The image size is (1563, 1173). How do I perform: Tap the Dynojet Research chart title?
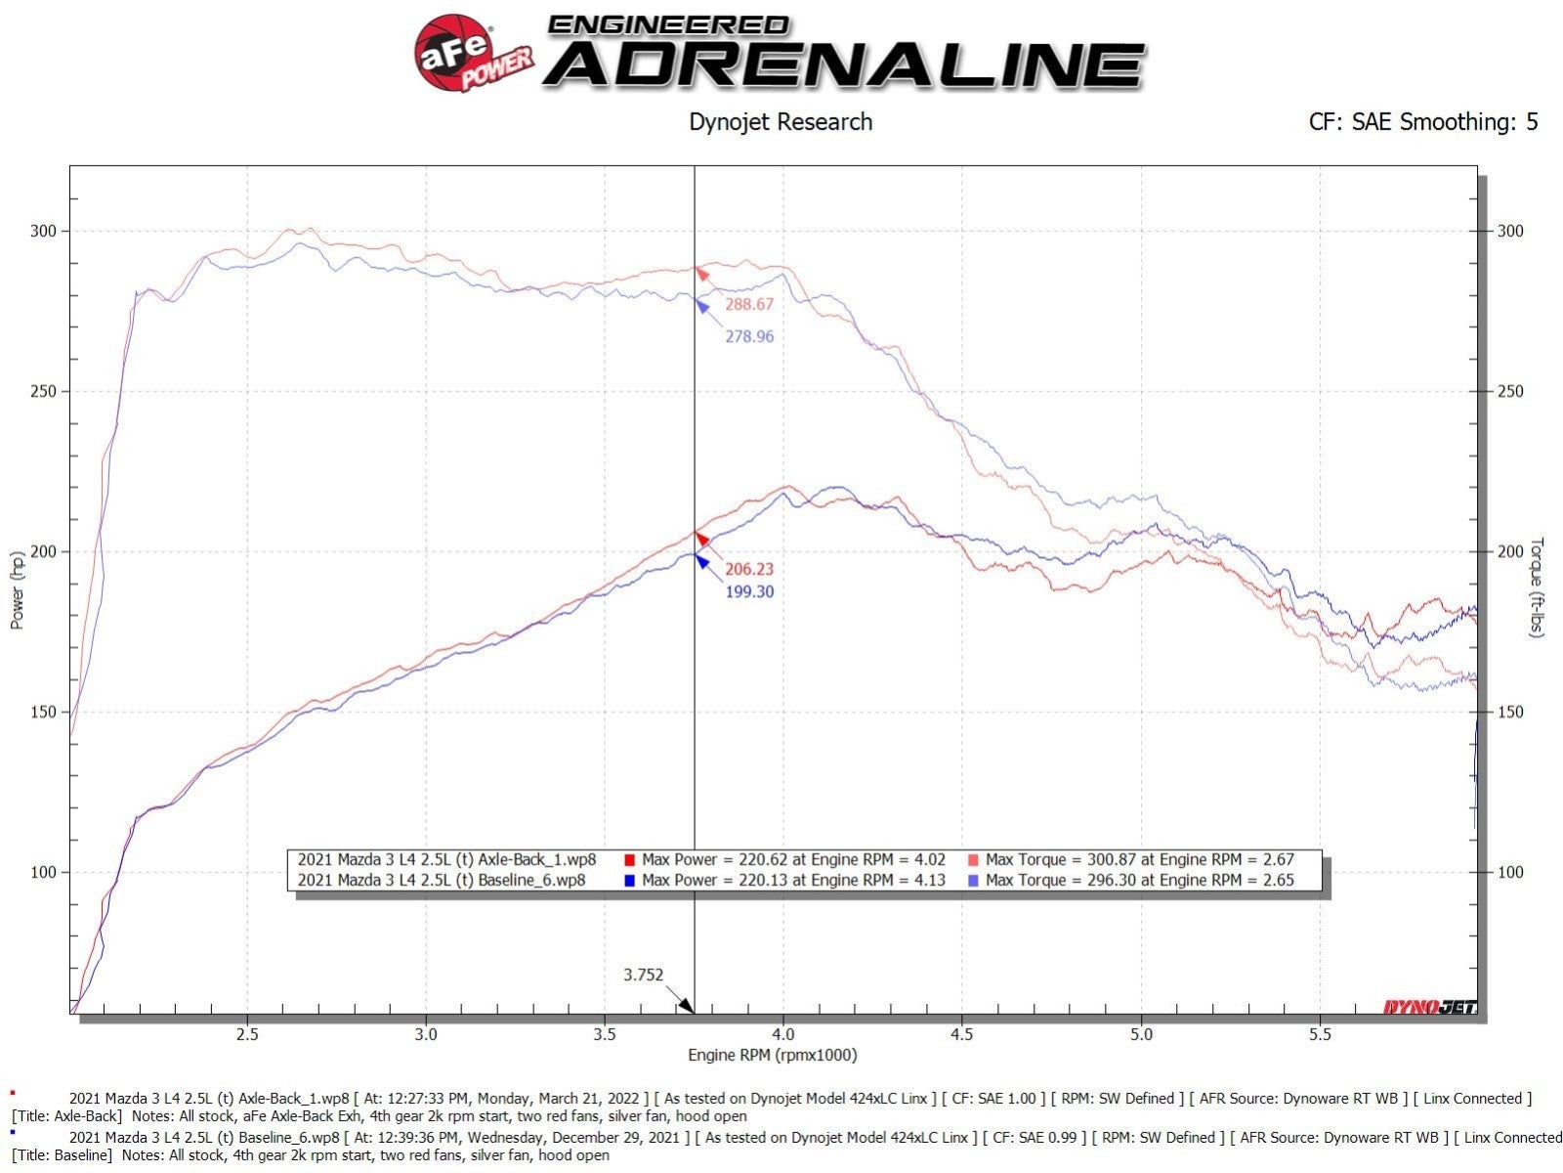click(781, 122)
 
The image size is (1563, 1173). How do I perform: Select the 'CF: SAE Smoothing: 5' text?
click(1422, 122)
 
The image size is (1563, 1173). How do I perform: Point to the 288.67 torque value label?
click(749, 304)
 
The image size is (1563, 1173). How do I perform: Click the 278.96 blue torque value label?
click(749, 336)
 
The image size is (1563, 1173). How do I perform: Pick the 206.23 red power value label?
click(749, 569)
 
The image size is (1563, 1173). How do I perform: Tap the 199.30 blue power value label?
click(749, 591)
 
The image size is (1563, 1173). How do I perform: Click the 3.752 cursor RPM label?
click(644, 975)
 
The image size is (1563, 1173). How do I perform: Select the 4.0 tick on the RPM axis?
click(782, 1034)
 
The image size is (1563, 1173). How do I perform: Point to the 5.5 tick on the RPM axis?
click(1320, 1034)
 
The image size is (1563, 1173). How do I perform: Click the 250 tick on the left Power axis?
click(43, 391)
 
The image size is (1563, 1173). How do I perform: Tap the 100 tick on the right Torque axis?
click(1510, 872)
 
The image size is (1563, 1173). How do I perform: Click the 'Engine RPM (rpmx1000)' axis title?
click(772, 1055)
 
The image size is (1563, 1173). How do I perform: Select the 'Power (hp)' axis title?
click(17, 590)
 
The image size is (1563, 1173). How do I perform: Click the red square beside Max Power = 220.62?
click(629, 860)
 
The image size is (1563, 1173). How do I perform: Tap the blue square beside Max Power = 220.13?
click(629, 881)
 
